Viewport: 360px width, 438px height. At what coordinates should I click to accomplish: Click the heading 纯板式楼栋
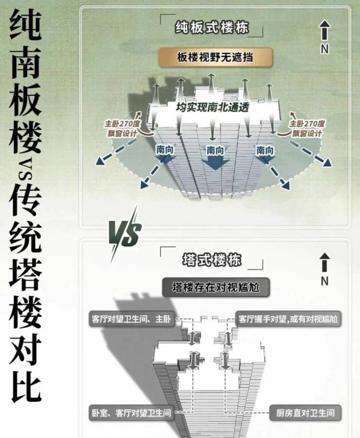click(212, 27)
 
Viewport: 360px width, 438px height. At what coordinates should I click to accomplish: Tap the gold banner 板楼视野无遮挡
click(216, 57)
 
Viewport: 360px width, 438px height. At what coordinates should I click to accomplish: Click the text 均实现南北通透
click(212, 107)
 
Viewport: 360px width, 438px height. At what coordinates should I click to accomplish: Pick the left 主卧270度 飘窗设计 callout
click(122, 128)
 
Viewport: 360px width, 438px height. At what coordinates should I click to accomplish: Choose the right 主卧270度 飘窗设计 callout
click(306, 128)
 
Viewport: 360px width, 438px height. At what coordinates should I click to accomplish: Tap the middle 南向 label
click(215, 150)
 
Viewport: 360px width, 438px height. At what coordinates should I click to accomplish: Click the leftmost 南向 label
click(165, 150)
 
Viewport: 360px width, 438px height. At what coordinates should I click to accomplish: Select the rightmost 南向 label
click(265, 150)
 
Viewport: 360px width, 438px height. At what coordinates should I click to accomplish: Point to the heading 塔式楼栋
click(212, 259)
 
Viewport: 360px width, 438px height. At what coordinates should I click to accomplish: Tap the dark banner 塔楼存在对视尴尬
click(216, 287)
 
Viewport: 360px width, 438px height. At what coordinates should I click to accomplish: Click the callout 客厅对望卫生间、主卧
click(131, 319)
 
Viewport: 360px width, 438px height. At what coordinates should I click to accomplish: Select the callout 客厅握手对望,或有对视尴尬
click(288, 319)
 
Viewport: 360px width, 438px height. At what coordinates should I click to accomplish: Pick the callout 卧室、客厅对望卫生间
click(131, 413)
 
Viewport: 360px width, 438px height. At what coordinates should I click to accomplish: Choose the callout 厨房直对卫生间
click(305, 413)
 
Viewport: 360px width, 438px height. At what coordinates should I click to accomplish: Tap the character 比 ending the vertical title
click(26, 388)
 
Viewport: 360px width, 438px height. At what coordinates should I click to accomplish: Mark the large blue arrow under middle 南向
click(215, 163)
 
